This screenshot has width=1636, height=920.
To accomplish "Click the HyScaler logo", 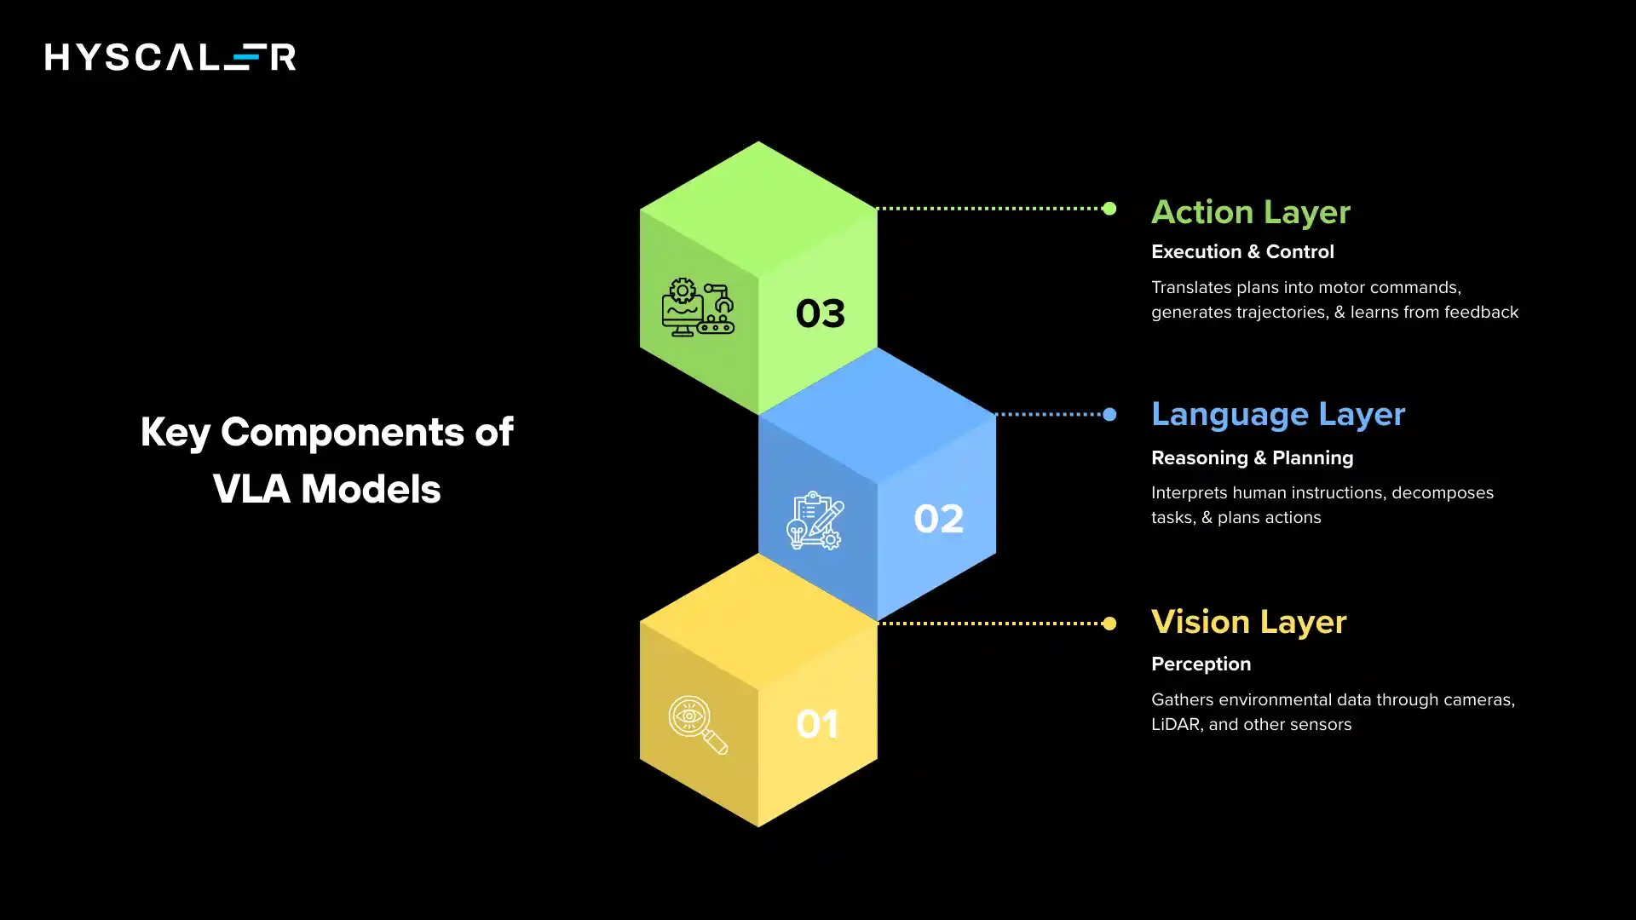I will tap(170, 57).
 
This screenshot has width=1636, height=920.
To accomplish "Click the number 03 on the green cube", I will tap(820, 313).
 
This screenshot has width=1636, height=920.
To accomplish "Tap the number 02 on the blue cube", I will tap(938, 519).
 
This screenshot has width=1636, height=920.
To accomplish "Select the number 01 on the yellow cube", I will tap(817, 725).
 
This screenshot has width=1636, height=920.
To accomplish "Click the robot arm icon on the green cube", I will tap(698, 308).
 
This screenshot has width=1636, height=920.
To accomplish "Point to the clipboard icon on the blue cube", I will tap(815, 520).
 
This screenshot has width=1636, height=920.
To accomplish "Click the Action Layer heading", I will tap(1250, 212).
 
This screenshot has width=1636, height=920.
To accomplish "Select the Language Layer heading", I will tap(1277, 415).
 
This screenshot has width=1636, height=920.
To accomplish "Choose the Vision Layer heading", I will tap(1248, 623).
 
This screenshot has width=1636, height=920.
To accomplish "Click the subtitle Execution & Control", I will tap(1241, 252).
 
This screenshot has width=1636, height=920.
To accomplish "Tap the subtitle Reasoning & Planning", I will tap(1252, 458).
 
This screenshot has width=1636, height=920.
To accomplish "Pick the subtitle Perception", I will tap(1201, 664).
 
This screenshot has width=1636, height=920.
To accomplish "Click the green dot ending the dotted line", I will tap(1109, 209).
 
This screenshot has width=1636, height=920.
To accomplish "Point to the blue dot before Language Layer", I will tap(1109, 415).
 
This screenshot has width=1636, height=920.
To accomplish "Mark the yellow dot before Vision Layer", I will tap(1109, 624).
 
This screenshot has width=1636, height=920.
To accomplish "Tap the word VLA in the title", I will tap(252, 490).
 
